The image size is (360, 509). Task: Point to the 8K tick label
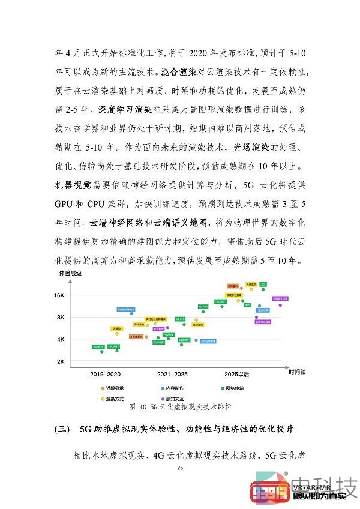click(x=61, y=317)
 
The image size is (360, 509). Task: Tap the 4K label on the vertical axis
click(x=61, y=339)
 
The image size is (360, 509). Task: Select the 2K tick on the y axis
click(x=61, y=361)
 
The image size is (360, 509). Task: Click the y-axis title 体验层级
click(x=69, y=273)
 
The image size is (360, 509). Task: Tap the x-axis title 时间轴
click(x=296, y=372)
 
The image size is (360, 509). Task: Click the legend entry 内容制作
click(x=175, y=388)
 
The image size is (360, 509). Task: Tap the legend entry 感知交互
click(x=175, y=397)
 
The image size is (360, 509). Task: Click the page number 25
click(x=180, y=468)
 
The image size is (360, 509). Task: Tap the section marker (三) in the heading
click(x=62, y=430)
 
